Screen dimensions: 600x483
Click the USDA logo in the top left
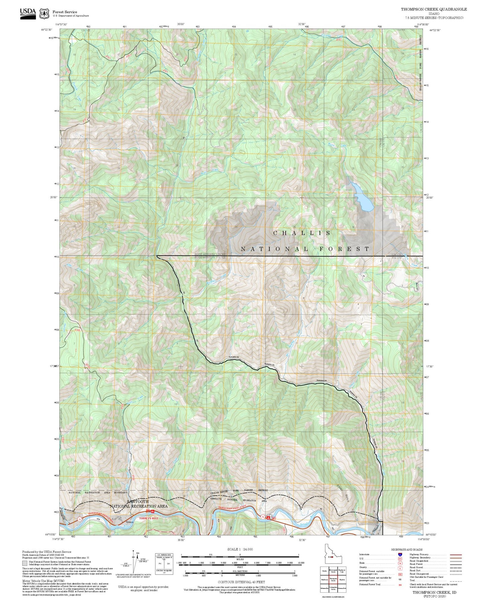(28, 13)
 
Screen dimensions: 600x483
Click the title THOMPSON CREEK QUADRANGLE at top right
(434, 9)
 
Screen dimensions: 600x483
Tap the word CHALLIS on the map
(302, 233)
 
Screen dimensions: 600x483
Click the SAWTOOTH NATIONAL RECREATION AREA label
(138, 504)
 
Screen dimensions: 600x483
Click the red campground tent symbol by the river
(268, 517)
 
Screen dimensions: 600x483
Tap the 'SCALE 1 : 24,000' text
(240, 549)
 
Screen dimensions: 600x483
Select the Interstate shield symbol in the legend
(400, 555)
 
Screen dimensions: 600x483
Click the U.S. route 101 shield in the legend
(400, 559)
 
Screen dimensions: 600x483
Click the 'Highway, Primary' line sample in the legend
(456, 555)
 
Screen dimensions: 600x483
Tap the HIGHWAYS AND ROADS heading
(407, 549)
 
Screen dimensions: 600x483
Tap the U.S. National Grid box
(164, 564)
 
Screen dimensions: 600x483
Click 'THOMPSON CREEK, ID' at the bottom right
(434, 592)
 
